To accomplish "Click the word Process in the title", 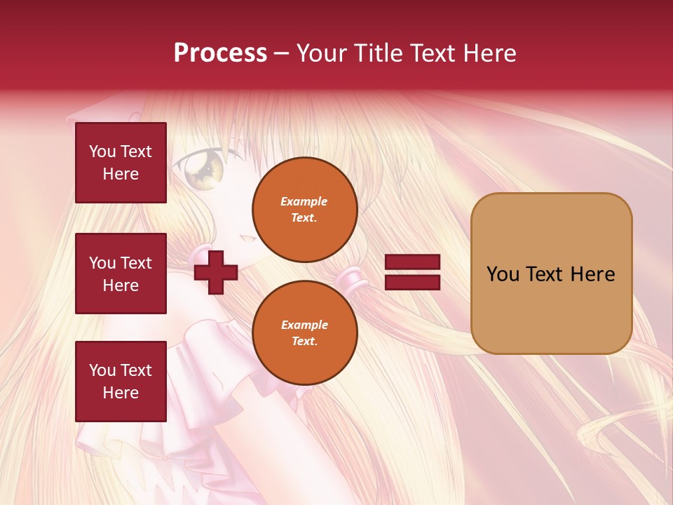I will click(x=220, y=53).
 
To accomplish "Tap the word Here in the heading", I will click(x=489, y=53).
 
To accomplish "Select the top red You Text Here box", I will click(x=121, y=163).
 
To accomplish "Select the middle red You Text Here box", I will click(x=121, y=274).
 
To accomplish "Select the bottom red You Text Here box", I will click(x=121, y=382).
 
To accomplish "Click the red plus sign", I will click(x=216, y=272).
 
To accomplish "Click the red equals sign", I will click(x=412, y=272).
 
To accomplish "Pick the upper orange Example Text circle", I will click(x=304, y=209).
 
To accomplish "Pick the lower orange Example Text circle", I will click(x=304, y=332).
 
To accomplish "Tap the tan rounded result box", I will click(x=551, y=274).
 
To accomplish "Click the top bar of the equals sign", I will click(x=412, y=262).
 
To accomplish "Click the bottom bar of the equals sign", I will click(x=412, y=282).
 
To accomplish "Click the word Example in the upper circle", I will click(x=304, y=201).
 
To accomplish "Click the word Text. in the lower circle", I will click(x=304, y=342).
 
